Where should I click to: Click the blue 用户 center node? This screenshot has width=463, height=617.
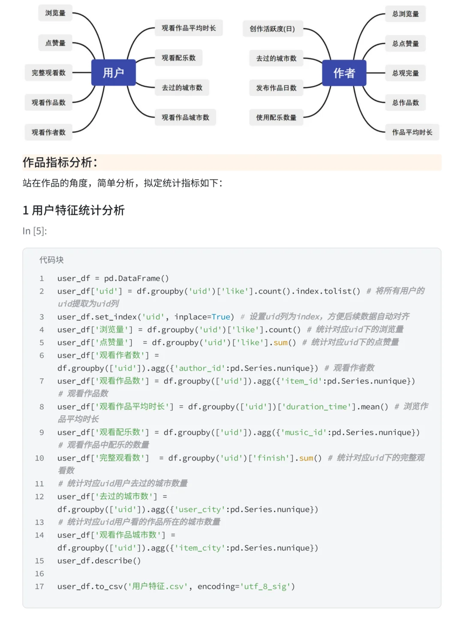(114, 73)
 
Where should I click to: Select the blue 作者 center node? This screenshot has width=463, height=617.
(344, 73)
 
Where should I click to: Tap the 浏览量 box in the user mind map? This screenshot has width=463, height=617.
(55, 13)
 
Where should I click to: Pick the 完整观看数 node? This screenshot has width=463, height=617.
(48, 73)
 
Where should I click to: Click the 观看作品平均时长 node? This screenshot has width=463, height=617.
(189, 28)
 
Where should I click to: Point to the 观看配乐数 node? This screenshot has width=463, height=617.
(178, 58)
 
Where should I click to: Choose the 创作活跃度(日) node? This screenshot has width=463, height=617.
(273, 29)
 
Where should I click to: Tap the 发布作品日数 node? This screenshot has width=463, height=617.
(276, 88)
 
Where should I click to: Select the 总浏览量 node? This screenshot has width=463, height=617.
(406, 14)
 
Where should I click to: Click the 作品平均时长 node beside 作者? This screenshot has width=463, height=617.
(412, 132)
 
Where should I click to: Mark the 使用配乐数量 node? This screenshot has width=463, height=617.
(276, 117)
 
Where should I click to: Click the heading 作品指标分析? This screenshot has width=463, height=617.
(60, 162)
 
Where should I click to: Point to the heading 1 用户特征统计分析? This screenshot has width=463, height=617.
(74, 210)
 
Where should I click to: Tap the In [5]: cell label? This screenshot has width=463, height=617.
(35, 231)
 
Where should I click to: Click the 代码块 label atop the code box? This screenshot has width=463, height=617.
(51, 260)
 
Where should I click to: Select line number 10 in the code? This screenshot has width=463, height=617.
(39, 458)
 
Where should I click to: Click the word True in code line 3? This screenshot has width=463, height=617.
(221, 317)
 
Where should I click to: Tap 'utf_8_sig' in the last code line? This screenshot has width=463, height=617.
(265, 587)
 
